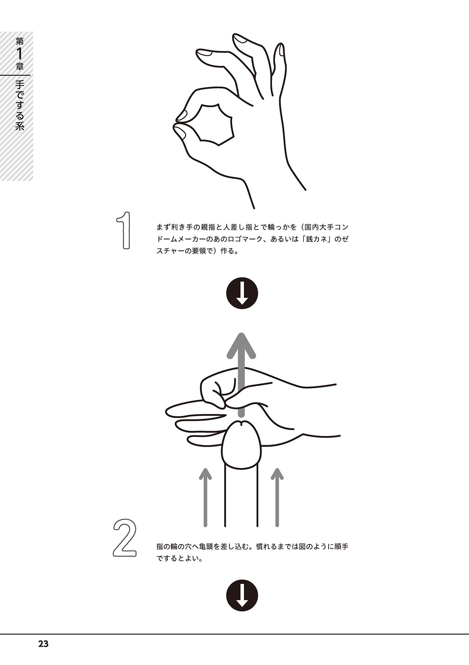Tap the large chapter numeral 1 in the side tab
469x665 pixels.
pyautogui.click(x=19, y=54)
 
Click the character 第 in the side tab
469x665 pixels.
pyautogui.click(x=19, y=41)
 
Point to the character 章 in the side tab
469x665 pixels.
pyautogui.click(x=19, y=67)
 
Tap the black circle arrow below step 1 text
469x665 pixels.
pyautogui.click(x=242, y=294)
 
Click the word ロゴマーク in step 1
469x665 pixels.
pyautogui.click(x=244, y=239)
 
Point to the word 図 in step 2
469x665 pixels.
pyautogui.click(x=292, y=546)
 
